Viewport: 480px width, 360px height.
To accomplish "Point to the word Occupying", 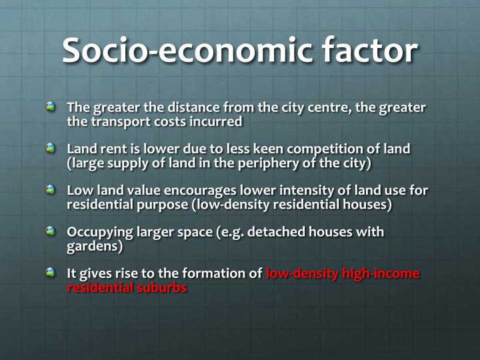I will click(97, 232).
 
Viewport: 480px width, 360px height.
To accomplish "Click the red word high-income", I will click(381, 273).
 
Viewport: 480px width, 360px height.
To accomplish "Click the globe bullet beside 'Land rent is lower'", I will click(51, 147).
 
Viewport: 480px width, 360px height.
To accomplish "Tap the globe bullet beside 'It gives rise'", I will click(51, 272).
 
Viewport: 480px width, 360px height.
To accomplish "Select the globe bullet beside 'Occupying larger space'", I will click(51, 231).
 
